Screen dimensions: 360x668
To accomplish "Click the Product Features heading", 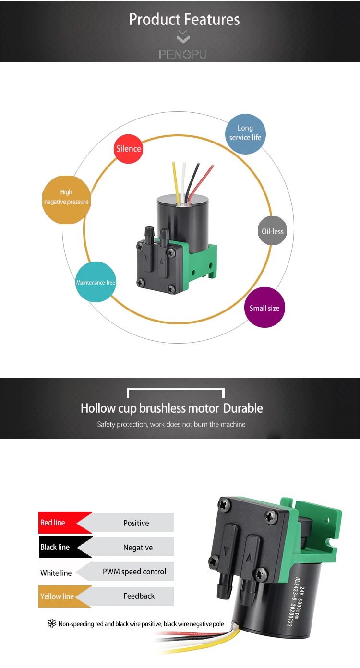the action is pyautogui.click(x=184, y=20).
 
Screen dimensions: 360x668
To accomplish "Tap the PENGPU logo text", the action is pyautogui.click(x=182, y=54).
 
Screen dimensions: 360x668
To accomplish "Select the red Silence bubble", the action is pyautogui.click(x=129, y=148).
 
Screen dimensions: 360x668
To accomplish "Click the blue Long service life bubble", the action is pyautogui.click(x=245, y=133).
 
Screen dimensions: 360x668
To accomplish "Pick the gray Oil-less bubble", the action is pyautogui.click(x=272, y=231).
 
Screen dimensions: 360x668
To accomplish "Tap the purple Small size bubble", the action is pyautogui.click(x=264, y=308).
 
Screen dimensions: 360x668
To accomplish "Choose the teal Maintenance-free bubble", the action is pyautogui.click(x=96, y=282).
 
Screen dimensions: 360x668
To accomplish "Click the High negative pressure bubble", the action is pyautogui.click(x=66, y=197).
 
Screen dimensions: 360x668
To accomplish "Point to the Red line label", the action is pyautogui.click(x=53, y=523).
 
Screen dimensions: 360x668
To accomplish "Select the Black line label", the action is pyautogui.click(x=55, y=547).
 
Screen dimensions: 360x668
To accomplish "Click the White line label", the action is pyautogui.click(x=56, y=573).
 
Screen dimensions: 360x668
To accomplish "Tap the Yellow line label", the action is pyautogui.click(x=57, y=596).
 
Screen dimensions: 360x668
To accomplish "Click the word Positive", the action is pyautogui.click(x=136, y=523).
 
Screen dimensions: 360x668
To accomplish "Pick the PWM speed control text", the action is pyautogui.click(x=134, y=572).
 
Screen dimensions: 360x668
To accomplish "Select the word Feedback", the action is pyautogui.click(x=139, y=596).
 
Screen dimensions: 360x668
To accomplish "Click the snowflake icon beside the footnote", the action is pyautogui.click(x=51, y=624).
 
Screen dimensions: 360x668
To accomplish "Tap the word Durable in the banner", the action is pyautogui.click(x=243, y=408).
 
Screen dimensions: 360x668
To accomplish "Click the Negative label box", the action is pyautogui.click(x=138, y=548).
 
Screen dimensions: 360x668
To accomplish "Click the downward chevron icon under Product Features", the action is pyautogui.click(x=183, y=37).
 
